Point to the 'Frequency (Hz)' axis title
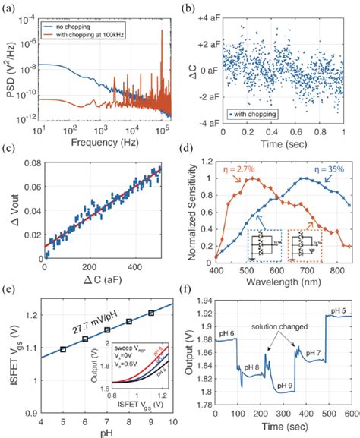(x=98, y=143)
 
